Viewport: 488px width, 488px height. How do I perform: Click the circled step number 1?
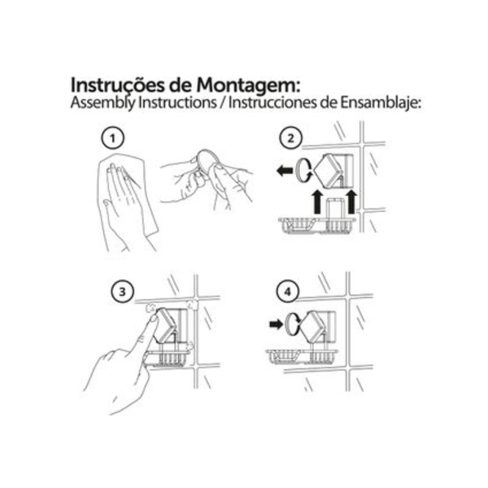pyautogui.click(x=113, y=138)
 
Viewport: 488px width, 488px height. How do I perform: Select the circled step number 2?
pyautogui.click(x=290, y=138)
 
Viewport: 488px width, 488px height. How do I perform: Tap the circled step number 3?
pyautogui.click(x=122, y=292)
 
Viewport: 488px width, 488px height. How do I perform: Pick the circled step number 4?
pyautogui.click(x=288, y=292)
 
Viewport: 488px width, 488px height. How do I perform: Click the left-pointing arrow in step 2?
pyautogui.click(x=285, y=171)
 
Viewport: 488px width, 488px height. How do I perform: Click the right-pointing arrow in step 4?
pyautogui.click(x=276, y=325)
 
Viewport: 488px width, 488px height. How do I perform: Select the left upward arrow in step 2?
pyautogui.click(x=317, y=203)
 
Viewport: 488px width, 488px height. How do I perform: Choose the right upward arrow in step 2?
pyautogui.click(x=351, y=203)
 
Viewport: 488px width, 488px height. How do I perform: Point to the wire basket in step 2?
pyautogui.click(x=317, y=224)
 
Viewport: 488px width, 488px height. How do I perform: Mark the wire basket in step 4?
pyautogui.click(x=302, y=356)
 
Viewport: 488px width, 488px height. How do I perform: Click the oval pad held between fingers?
pyautogui.click(x=207, y=161)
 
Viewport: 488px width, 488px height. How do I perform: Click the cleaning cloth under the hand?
pyautogui.click(x=128, y=193)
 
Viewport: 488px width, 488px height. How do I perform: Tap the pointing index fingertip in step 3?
pyautogui.click(x=154, y=318)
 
